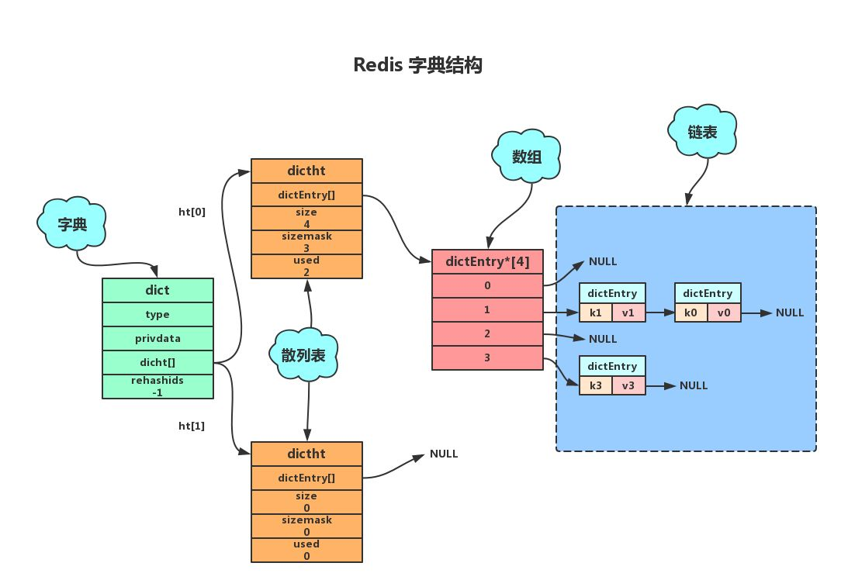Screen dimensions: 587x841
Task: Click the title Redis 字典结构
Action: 418,65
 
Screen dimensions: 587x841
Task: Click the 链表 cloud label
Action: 703,133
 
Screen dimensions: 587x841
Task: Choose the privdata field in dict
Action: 157,339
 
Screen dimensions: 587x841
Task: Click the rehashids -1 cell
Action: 157,386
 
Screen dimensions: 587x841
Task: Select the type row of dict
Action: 157,315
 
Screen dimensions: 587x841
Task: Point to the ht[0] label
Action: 192,211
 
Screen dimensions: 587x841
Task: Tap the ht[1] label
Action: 192,425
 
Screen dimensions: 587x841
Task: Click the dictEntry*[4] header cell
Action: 487,261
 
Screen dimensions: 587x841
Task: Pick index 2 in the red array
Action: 487,333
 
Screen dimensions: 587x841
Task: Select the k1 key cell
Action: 595,312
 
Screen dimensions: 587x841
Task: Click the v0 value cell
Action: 723,312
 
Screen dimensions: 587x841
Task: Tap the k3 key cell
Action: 595,385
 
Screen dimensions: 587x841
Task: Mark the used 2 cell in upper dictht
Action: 306,266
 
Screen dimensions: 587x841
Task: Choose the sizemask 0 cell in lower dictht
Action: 306,526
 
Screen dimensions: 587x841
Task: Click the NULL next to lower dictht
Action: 444,454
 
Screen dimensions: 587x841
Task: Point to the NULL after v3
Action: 694,385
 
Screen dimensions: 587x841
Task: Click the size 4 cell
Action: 306,217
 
